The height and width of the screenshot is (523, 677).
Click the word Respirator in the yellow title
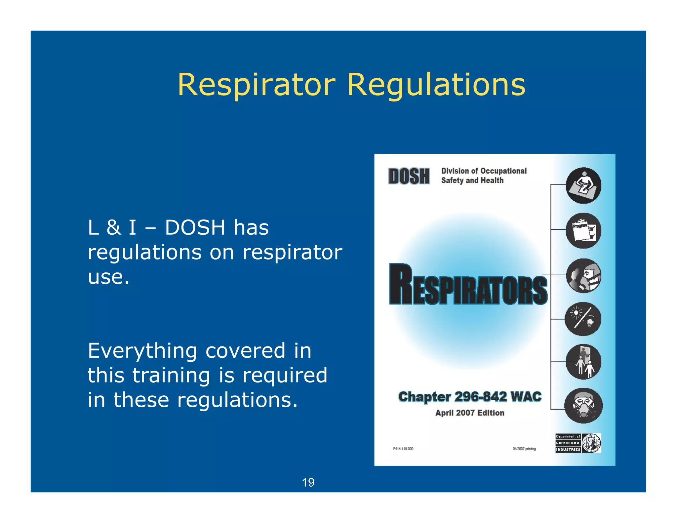tap(257, 85)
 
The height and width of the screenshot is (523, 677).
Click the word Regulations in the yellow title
tap(436, 85)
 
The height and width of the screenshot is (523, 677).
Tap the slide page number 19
tap(308, 482)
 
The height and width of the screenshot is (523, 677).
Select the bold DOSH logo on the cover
tap(409, 176)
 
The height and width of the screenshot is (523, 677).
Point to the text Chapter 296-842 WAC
tap(470, 397)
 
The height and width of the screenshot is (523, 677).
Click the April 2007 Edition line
tap(470, 413)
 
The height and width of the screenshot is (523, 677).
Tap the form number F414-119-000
tap(403, 449)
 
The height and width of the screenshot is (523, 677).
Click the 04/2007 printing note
tap(524, 449)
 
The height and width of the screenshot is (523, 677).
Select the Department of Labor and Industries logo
tap(578, 443)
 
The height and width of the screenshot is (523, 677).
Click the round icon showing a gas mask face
tap(583, 406)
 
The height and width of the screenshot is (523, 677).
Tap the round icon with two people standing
tap(583, 362)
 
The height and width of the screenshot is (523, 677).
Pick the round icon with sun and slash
tap(583, 319)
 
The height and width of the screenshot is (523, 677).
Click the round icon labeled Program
tap(583, 230)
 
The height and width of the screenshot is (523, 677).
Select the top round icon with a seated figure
tap(583, 185)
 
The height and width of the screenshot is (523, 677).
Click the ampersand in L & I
tap(114, 228)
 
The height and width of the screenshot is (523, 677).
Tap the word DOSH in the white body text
tap(195, 228)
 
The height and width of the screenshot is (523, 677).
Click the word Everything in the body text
tap(142, 351)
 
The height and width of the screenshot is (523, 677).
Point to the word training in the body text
tap(171, 376)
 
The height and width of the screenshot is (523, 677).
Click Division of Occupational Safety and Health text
tap(484, 176)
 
